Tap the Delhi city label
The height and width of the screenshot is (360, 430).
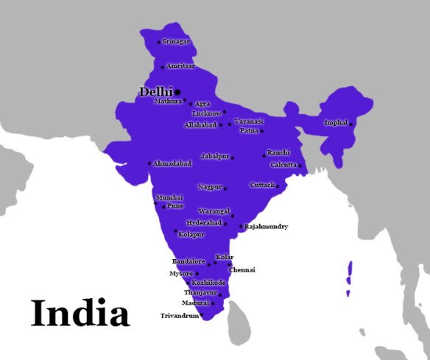(x=155, y=91)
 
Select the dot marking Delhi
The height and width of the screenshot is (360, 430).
(x=177, y=92)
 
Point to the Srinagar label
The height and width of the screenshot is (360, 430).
(x=176, y=42)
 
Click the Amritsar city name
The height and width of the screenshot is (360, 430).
(x=180, y=66)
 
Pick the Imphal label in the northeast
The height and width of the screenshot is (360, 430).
(x=335, y=122)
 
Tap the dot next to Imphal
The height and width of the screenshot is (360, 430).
(x=350, y=124)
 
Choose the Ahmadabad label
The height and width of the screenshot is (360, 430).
(x=172, y=163)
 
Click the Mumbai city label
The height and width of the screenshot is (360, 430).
(x=169, y=198)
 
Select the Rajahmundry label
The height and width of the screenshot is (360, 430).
(x=266, y=227)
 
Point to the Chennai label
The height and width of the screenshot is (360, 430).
(x=242, y=270)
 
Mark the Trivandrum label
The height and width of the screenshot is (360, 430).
(x=180, y=316)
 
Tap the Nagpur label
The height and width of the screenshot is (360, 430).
(x=210, y=188)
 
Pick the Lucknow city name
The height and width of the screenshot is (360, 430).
(x=206, y=113)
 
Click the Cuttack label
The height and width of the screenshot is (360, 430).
(x=262, y=185)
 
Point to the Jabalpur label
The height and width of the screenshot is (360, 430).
(x=215, y=157)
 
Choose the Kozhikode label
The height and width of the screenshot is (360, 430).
(x=208, y=283)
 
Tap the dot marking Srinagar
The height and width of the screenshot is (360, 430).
(x=158, y=42)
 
